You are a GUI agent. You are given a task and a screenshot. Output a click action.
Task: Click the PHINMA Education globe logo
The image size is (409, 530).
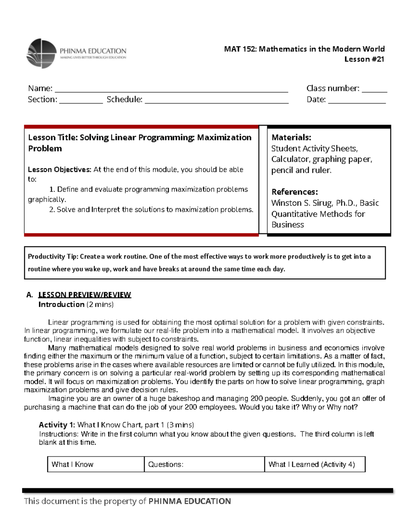tap(42, 54)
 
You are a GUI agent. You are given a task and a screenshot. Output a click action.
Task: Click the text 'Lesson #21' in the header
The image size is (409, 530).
tap(364, 59)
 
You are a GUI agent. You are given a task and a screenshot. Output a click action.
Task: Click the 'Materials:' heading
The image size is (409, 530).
tap(291, 138)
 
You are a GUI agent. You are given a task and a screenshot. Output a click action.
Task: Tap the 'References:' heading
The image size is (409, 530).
tap(294, 192)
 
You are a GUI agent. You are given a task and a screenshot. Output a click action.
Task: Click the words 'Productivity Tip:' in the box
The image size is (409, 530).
tap(53, 257)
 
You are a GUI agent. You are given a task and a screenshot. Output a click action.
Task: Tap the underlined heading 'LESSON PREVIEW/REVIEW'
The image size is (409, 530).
tap(85, 295)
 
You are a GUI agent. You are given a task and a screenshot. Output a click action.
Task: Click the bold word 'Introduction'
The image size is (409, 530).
tap(61, 304)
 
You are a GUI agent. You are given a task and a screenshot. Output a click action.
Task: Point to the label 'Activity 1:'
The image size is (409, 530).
tap(57, 425)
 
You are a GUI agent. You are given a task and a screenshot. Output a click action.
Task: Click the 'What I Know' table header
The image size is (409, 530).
tap(72, 464)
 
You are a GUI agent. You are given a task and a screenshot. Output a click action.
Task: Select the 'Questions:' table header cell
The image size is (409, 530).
tap(166, 464)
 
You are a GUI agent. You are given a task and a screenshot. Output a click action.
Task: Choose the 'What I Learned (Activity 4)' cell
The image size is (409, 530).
tap(312, 464)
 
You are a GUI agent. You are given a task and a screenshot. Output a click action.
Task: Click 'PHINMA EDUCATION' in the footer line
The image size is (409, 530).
tap(190, 501)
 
